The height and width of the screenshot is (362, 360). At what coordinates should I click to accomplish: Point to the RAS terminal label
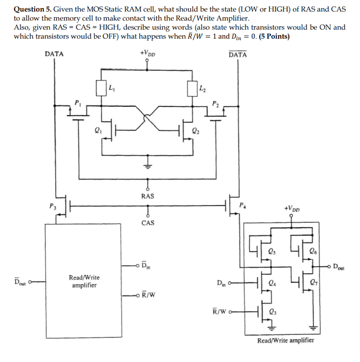(x=147, y=196)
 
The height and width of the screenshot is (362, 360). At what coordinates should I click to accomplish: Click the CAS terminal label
(x=147, y=222)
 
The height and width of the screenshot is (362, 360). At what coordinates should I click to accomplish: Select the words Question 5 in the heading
(x=33, y=10)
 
